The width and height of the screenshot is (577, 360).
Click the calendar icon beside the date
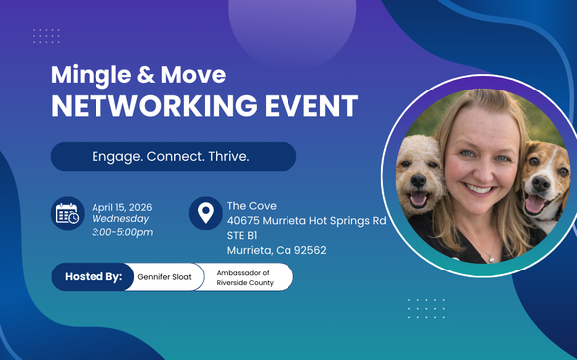pyautogui.click(x=68, y=214)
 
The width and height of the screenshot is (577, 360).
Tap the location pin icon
pyautogui.click(x=205, y=214)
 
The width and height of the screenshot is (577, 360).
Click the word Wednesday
pyautogui.click(x=120, y=219)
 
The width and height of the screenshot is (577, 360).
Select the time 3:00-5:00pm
pyautogui.click(x=122, y=232)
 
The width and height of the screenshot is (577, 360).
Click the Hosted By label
pyautogui.click(x=94, y=276)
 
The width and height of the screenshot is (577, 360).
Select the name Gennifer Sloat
pyautogui.click(x=163, y=277)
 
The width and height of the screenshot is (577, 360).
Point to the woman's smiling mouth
pyautogui.click(x=480, y=187)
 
